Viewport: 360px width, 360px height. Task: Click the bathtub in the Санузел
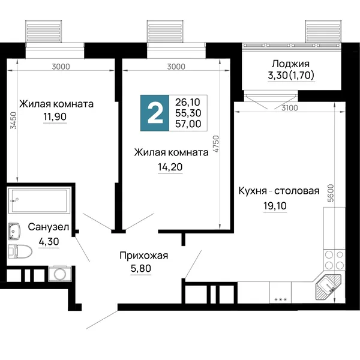point(39,200)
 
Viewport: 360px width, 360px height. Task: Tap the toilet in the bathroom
point(20,251)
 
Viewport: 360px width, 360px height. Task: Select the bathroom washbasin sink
point(14,231)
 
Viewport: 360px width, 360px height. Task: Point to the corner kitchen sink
point(328,287)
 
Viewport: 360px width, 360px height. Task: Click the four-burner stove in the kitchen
point(334,260)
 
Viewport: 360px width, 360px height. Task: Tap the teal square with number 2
point(155,113)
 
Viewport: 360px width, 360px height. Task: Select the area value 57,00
point(188,124)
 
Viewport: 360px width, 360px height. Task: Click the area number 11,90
point(55,116)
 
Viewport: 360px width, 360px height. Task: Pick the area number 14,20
point(170,167)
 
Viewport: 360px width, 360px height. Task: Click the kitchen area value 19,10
point(275,206)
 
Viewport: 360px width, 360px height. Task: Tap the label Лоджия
point(290,64)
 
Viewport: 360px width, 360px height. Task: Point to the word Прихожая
point(144,256)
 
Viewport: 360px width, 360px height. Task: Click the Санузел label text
point(49,227)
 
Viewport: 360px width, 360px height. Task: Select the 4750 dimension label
point(216,144)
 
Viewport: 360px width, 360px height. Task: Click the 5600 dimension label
point(331,193)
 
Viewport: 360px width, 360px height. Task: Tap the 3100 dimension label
point(290,107)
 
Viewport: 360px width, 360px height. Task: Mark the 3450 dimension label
point(14,121)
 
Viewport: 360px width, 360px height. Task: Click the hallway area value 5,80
point(141,268)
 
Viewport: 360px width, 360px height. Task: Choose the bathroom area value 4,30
point(49,242)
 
